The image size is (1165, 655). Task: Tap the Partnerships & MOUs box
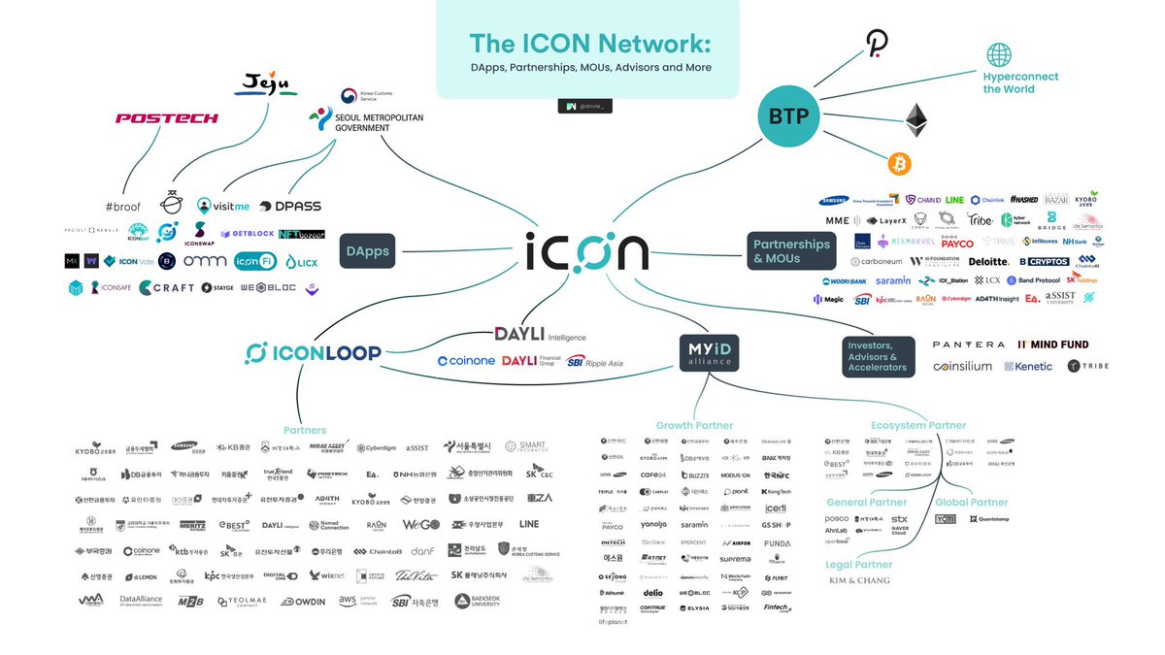pyautogui.click(x=791, y=251)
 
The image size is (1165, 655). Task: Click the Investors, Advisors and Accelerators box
pyautogui.click(x=879, y=355)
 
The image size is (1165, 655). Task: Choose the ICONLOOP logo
pyautogui.click(x=313, y=353)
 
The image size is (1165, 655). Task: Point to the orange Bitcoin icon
pyautogui.click(x=900, y=164)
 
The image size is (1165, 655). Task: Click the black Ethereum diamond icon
pyautogui.click(x=916, y=120)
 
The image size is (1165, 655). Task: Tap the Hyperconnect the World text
pyautogui.click(x=1020, y=82)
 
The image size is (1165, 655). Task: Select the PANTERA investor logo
pyautogui.click(x=968, y=344)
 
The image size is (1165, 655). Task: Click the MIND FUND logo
pyautogui.click(x=1053, y=344)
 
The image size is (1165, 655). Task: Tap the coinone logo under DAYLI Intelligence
pyautogui.click(x=467, y=361)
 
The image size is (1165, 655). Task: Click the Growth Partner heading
pyautogui.click(x=694, y=425)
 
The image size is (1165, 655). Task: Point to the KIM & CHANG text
pyautogui.click(x=859, y=580)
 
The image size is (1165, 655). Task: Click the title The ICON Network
pyautogui.click(x=589, y=44)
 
